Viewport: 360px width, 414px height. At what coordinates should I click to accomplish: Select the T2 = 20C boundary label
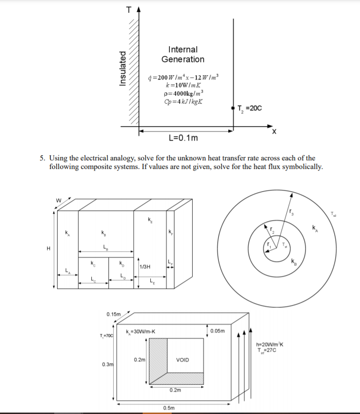249,108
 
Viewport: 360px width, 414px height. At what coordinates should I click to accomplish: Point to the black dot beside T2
233,108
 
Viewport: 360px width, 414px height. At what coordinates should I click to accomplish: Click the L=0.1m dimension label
184,138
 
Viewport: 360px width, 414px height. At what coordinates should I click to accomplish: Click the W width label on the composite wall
59,200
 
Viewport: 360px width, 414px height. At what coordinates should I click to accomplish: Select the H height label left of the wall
48,248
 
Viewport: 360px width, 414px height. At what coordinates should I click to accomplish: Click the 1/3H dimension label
145,266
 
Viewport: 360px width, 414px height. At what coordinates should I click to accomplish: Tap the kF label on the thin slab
170,232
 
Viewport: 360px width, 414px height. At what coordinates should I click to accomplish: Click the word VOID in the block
182,360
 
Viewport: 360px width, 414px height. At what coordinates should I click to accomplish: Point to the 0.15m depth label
113,314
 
